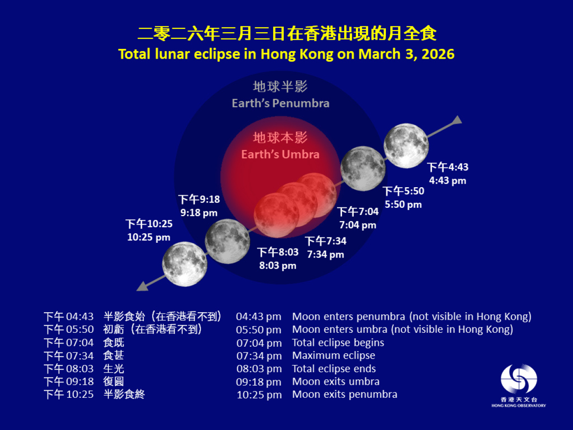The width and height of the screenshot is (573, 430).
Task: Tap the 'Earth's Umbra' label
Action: click(280, 155)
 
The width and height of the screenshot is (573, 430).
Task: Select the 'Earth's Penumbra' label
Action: click(280, 103)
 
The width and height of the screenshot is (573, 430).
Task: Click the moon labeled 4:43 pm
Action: click(406, 146)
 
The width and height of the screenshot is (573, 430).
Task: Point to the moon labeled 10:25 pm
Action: click(184, 264)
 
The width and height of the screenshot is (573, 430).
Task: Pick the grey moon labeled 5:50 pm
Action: click(363, 168)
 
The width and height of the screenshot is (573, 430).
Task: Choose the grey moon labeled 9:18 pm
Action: click(227, 241)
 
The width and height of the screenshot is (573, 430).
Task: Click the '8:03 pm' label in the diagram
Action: click(278, 266)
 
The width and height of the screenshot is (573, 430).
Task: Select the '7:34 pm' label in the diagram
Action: click(325, 254)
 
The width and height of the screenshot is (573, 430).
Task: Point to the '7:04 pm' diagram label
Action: click(358, 225)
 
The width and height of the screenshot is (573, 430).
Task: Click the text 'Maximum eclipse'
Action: click(334, 356)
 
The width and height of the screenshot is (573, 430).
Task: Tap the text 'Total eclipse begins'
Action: click(338, 343)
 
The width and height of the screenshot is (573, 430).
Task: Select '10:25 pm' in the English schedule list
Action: click(259, 395)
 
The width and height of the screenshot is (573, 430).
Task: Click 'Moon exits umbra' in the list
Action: click(336, 382)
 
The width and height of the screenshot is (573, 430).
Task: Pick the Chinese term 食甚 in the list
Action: click(114, 356)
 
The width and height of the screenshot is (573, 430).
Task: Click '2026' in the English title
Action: click(438, 54)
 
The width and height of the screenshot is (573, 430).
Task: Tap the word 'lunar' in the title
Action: click(172, 54)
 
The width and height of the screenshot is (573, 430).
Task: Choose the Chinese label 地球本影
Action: click(280, 138)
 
